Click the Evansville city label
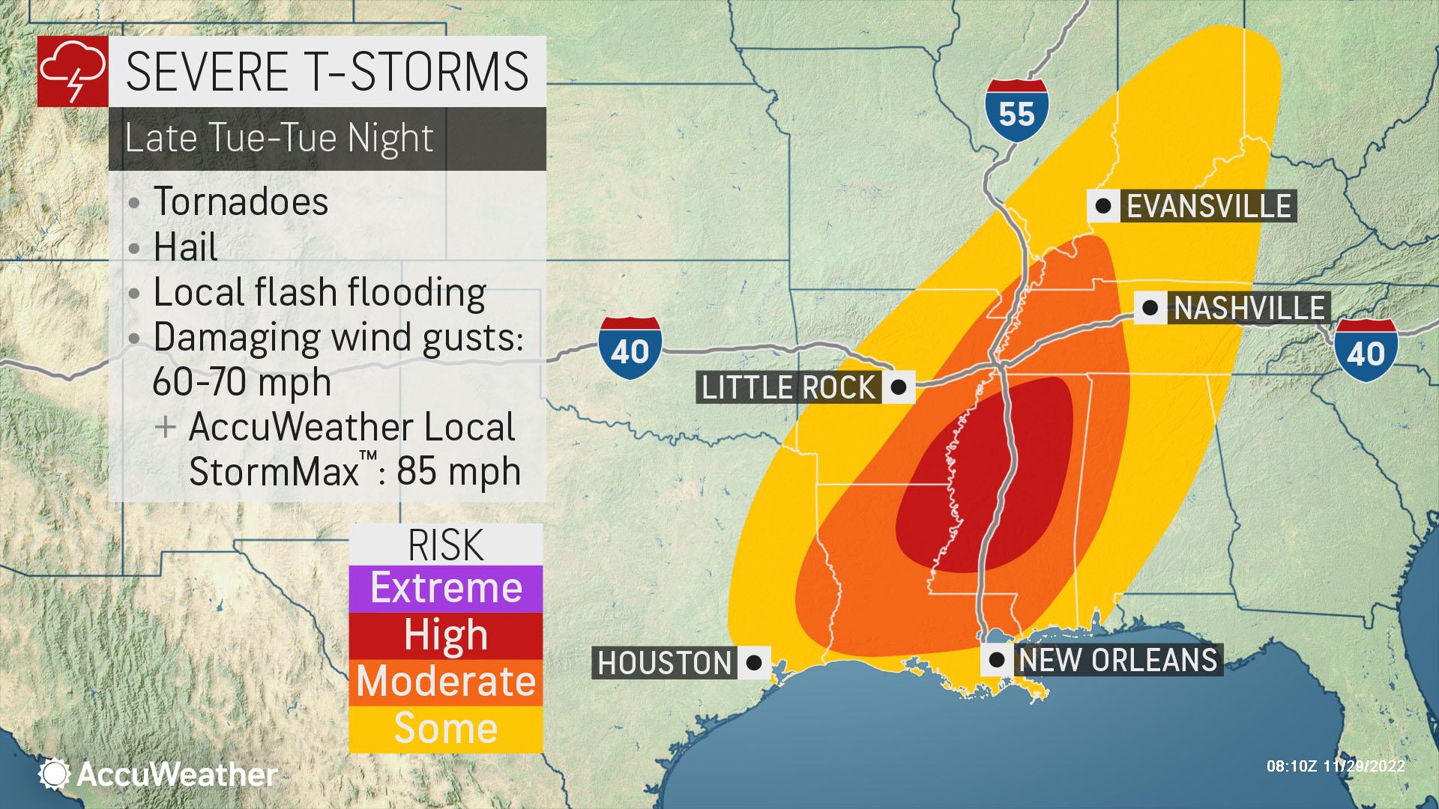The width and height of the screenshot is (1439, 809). tap(1208, 206)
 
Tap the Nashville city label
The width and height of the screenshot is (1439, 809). tap(1249, 308)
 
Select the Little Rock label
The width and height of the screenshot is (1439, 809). tap(788, 387)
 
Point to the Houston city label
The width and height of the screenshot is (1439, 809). tap(664, 663)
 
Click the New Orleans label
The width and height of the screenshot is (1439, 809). tap(1117, 660)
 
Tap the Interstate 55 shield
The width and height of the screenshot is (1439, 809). tap(1016, 109)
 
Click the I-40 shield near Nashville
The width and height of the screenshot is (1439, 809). tap(1366, 349)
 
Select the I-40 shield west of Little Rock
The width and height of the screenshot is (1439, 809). tap(630, 347)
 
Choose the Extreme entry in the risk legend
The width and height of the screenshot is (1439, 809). tap(446, 588)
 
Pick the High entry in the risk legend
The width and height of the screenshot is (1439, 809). tap(446, 635)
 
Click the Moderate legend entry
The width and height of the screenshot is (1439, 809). tap(446, 682)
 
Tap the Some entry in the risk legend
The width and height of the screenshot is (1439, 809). tap(446, 728)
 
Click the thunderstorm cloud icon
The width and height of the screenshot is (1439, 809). tap(73, 71)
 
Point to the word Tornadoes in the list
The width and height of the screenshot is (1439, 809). tap(241, 202)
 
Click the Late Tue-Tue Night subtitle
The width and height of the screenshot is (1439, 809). tap(279, 139)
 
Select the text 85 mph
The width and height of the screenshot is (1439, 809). tap(459, 471)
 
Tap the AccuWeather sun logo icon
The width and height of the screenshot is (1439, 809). tap(55, 774)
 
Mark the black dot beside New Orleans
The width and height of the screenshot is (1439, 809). tap(997, 660)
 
